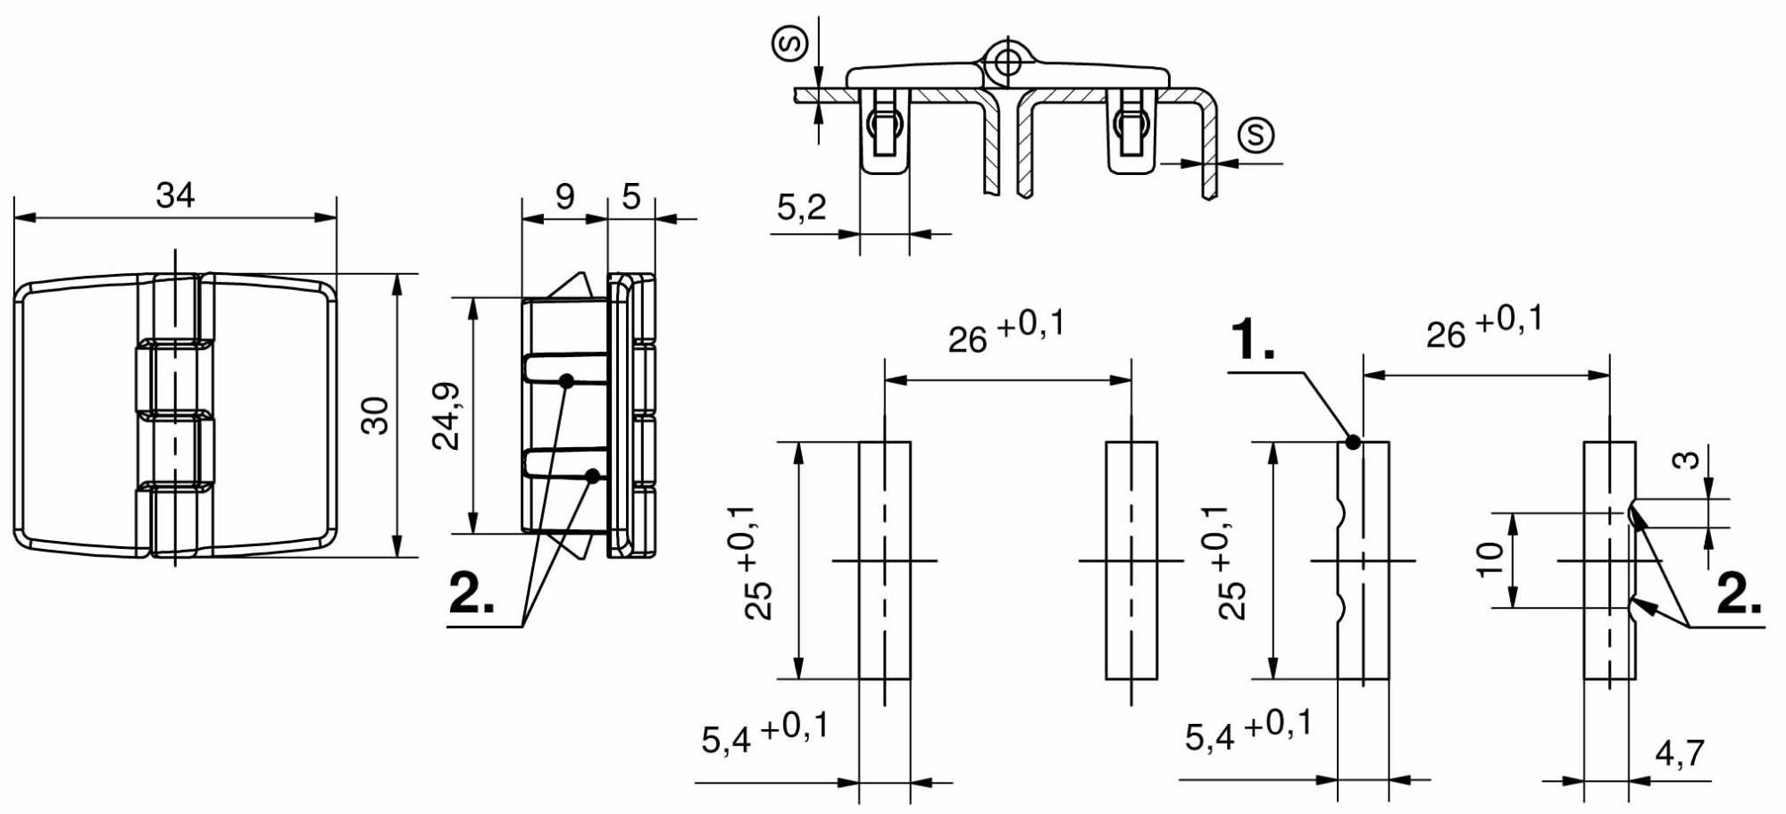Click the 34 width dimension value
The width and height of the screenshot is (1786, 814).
[x=175, y=195]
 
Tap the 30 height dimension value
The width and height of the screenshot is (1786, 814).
[x=375, y=415]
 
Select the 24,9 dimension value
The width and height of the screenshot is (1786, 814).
[x=446, y=416]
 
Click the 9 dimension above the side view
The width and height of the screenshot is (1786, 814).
[x=564, y=196]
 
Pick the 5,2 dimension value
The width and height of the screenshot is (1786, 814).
[x=801, y=207]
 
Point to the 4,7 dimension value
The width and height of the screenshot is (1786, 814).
[x=1680, y=753]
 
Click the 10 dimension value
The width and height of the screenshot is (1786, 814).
[x=1490, y=560]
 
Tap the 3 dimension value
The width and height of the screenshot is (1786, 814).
[x=1685, y=461]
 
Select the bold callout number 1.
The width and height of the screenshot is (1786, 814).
[x=1253, y=339]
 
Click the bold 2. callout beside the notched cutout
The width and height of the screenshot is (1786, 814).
[x=1740, y=593]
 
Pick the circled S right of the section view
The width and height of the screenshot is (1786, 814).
[x=1256, y=135]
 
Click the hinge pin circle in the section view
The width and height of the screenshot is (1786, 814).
[x=1007, y=62]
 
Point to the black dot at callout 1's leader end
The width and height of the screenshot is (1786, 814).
[x=1353, y=441]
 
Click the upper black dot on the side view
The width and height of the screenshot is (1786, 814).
[x=566, y=381]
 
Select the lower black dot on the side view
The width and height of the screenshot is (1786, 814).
[x=592, y=476]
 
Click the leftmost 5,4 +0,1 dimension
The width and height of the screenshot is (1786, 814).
[x=764, y=732]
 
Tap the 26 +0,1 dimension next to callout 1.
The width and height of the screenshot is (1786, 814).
[x=1484, y=327]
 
